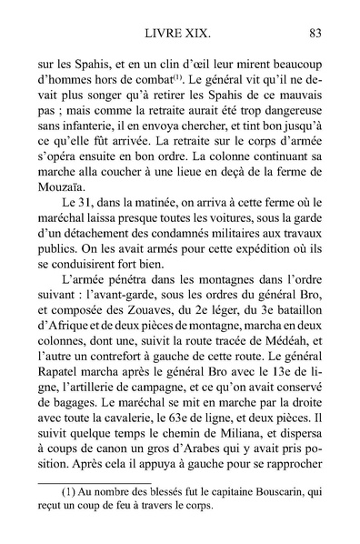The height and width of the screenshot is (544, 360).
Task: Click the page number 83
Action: point(315,35)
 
